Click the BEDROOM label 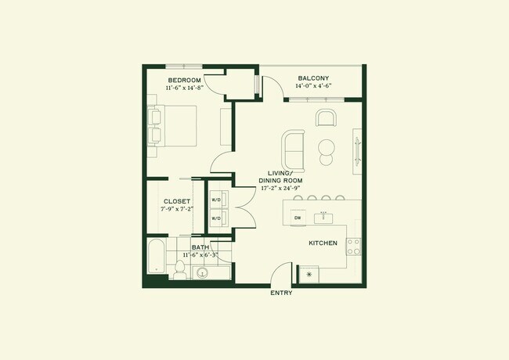(185, 81)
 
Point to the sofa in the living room (294, 146)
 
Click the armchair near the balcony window (327, 118)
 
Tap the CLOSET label (176, 201)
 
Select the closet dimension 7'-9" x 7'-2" (176, 210)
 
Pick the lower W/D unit (217, 220)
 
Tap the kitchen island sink (323, 214)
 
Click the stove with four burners (353, 247)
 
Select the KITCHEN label (323, 243)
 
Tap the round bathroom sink (203, 273)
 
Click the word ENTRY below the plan (281, 293)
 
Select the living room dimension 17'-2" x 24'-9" (280, 189)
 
